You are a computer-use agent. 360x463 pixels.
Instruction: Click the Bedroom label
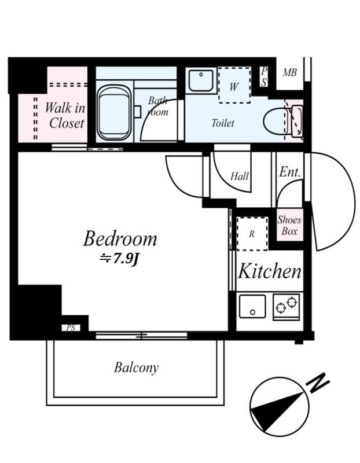pyautogui.click(x=120, y=238)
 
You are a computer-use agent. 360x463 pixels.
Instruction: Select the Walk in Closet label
pyautogui.click(x=65, y=115)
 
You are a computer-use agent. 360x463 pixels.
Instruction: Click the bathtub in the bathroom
pyautogui.click(x=114, y=112)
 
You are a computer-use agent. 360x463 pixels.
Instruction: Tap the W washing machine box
pyautogui.click(x=234, y=86)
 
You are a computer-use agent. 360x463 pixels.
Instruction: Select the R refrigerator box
pyautogui.click(x=252, y=234)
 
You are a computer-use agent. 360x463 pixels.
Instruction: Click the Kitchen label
pyautogui.click(x=270, y=271)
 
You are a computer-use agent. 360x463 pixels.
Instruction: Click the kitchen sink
pyautogui.click(x=252, y=306)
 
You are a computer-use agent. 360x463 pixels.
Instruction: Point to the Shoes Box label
pyautogui.click(x=289, y=225)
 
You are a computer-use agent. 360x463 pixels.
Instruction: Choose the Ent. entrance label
pyautogui.click(x=289, y=172)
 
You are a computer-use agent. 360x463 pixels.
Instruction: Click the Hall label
pyautogui.click(x=240, y=177)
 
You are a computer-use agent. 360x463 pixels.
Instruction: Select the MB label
pyautogui.click(x=289, y=73)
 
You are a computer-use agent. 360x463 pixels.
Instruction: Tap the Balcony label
pyautogui.click(x=136, y=368)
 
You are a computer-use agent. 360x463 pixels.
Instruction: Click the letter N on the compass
pyautogui.click(x=318, y=383)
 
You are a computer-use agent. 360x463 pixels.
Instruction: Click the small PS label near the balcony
pyautogui.click(x=71, y=328)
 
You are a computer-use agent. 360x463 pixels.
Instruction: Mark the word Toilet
pyautogui.click(x=223, y=123)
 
